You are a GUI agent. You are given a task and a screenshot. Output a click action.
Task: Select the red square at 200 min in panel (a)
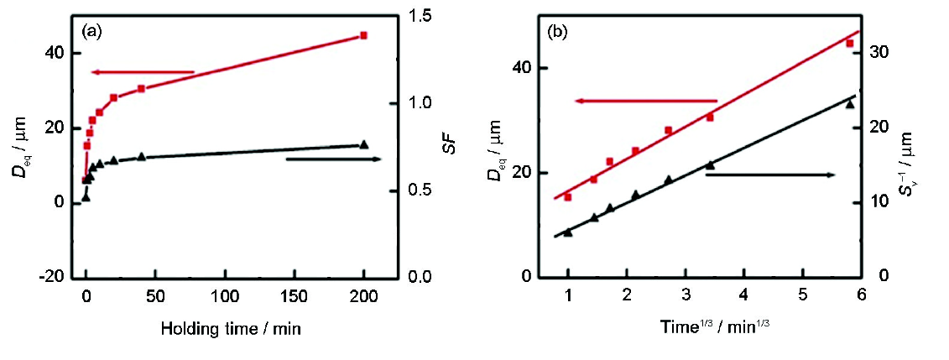(363, 35)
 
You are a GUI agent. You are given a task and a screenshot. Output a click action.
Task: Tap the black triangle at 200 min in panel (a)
(363, 144)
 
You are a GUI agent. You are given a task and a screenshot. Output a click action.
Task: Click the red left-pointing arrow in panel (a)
(143, 72)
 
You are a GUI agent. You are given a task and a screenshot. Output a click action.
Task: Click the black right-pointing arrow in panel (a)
(334, 159)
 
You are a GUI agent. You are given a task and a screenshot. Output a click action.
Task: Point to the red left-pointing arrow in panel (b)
(645, 101)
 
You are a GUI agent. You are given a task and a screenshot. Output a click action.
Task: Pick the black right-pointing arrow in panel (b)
(770, 175)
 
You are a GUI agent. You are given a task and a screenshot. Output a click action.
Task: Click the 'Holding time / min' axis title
(231, 330)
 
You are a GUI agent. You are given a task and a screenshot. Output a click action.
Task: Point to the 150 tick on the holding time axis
(295, 298)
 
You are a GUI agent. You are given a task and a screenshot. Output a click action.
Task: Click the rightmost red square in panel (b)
(849, 43)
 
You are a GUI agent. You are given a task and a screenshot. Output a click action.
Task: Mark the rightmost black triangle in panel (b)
(849, 104)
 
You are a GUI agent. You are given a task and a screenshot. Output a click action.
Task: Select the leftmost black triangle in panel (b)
(568, 232)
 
